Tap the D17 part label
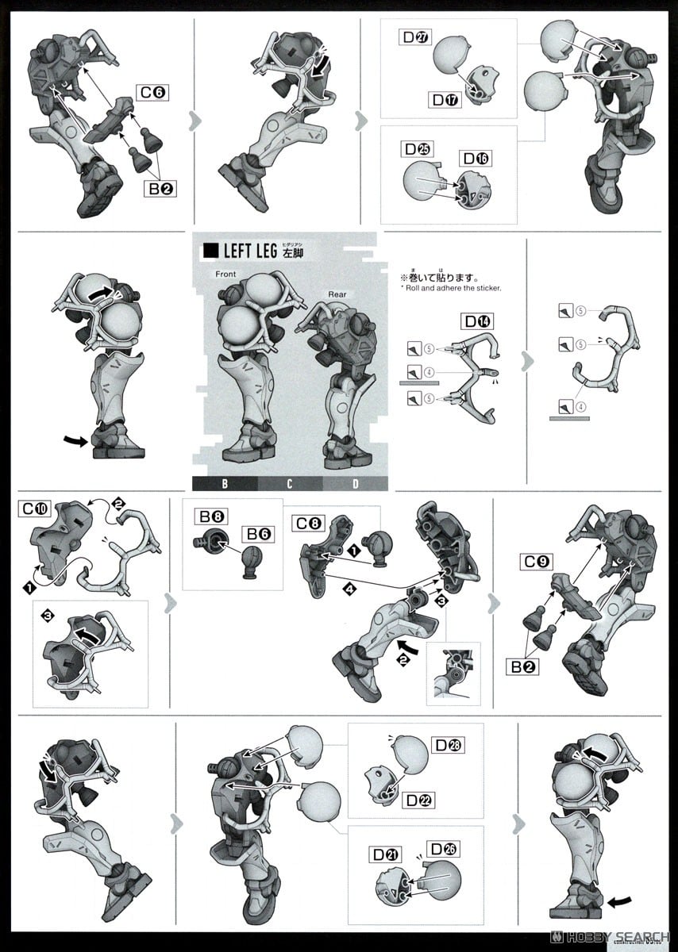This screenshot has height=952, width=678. tap(446, 100)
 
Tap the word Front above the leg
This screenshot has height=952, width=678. tap(226, 274)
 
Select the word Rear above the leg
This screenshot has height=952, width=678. tap(337, 294)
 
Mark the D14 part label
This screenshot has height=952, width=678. tap(479, 322)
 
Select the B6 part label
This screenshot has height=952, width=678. tap(259, 534)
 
